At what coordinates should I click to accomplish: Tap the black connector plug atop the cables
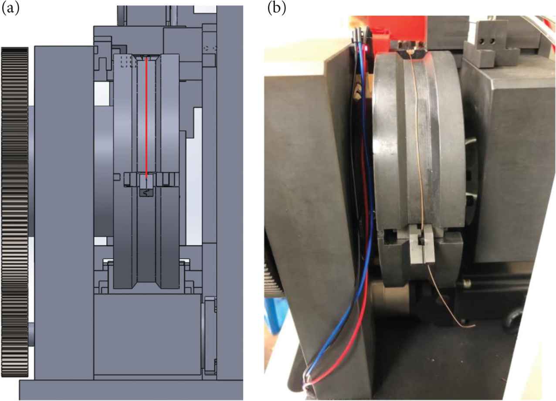(358, 35)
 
